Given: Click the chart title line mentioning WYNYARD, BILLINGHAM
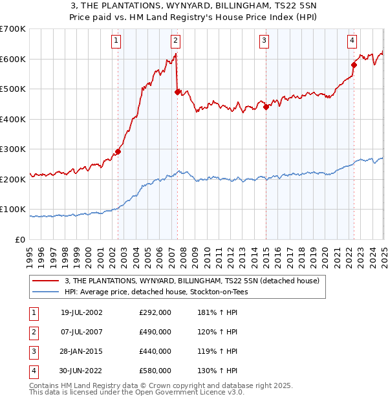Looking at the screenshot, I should (193, 6).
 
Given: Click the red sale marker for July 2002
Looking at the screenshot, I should (118, 152).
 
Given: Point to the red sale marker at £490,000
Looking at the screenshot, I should (177, 92).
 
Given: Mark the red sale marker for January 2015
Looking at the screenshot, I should (266, 107).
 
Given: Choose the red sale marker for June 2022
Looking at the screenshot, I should (354, 65).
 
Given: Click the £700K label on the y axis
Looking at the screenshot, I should (13, 29).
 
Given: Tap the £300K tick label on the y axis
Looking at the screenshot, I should (13, 149).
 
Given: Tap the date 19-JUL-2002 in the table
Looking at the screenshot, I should (81, 312).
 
